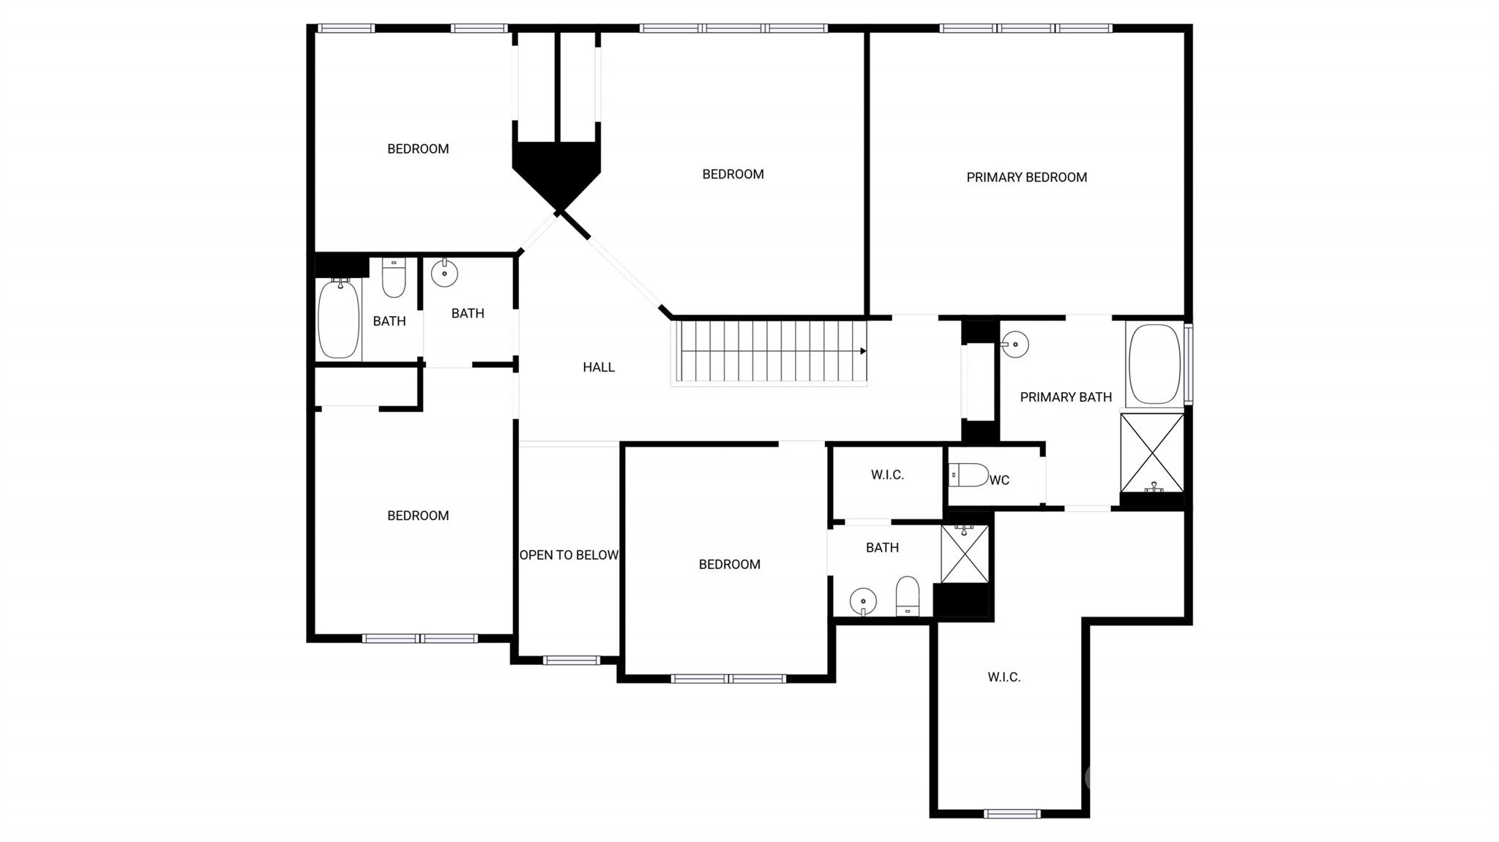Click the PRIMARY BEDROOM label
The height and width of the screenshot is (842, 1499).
pyautogui.click(x=1026, y=177)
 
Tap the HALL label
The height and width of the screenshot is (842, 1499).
pyautogui.click(x=598, y=367)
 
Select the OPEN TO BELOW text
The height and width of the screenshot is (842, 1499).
pyautogui.click(x=569, y=555)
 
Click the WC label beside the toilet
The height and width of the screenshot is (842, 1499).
pyautogui.click(x=999, y=480)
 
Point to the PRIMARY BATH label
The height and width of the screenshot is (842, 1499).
pyautogui.click(x=1065, y=397)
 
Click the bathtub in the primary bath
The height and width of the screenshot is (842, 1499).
pyautogui.click(x=1154, y=364)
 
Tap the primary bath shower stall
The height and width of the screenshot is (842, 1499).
pyautogui.click(x=1152, y=453)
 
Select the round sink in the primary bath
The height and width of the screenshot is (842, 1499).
pyautogui.click(x=1015, y=344)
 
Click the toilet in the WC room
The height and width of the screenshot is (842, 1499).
pyautogui.click(x=969, y=475)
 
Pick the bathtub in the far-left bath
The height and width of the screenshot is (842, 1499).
pyautogui.click(x=338, y=319)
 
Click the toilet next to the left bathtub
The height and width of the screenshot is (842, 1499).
pyautogui.click(x=394, y=278)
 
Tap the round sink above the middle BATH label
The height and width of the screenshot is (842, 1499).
pyautogui.click(x=444, y=274)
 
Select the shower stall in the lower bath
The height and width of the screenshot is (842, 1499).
pyautogui.click(x=965, y=554)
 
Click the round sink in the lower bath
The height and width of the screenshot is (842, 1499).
pyautogui.click(x=863, y=602)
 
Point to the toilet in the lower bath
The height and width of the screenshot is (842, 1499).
pyautogui.click(x=908, y=596)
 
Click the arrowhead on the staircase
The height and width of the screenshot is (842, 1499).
pyautogui.click(x=863, y=351)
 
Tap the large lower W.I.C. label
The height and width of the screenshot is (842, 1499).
pyautogui.click(x=1003, y=677)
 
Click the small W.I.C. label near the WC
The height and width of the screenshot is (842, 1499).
pyautogui.click(x=887, y=475)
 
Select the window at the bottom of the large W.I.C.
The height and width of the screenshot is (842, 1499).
pyautogui.click(x=1012, y=813)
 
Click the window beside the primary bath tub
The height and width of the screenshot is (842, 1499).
pyautogui.click(x=1189, y=364)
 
